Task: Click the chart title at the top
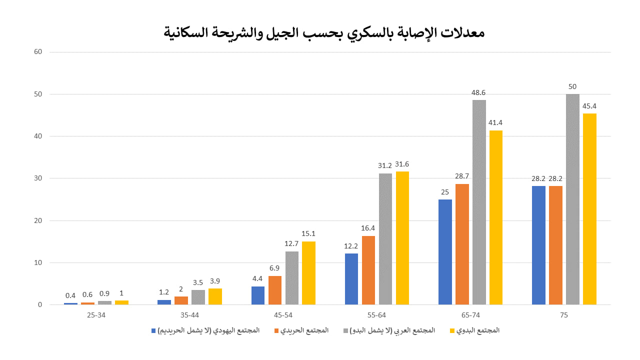324,33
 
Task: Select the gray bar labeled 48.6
479,202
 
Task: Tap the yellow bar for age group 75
589,209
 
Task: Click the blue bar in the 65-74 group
445,252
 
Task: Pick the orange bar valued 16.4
368,270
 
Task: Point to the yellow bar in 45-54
308,273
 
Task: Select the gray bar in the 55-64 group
385,239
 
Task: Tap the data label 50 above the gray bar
572,86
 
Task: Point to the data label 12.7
292,243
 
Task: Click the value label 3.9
215,280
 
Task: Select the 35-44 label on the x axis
189,315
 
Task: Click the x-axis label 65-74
470,315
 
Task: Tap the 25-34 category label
96,315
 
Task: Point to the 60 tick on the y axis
38,52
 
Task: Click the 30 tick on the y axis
38,178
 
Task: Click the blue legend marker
153,331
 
